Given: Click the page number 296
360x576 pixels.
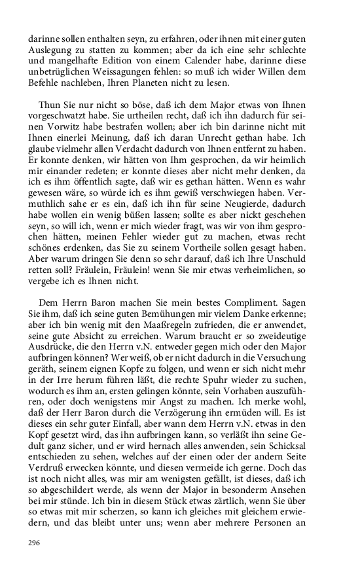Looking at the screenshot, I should pyautogui.click(x=34, y=542).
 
